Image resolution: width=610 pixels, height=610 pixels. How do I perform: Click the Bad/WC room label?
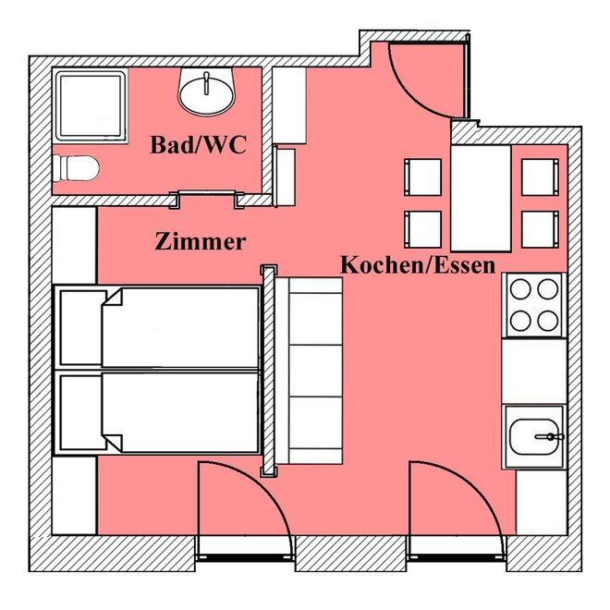point(199,145)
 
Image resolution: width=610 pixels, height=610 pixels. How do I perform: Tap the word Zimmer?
point(201,241)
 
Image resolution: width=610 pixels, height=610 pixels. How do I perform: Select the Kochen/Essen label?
point(418,265)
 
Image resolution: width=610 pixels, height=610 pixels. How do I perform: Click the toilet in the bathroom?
point(76,168)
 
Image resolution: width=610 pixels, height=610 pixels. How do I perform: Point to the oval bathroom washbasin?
point(207,92)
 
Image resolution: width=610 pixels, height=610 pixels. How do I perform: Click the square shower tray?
point(91,105)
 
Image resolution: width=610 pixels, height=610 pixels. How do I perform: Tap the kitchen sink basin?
point(534,436)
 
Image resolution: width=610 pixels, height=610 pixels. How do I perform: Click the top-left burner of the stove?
point(520,289)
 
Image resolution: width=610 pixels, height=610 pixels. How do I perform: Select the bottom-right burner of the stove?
point(548,321)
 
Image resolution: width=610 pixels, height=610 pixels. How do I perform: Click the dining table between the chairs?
point(481,199)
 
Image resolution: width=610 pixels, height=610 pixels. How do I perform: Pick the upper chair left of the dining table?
point(423,177)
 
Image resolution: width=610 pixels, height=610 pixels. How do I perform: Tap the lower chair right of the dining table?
point(540,229)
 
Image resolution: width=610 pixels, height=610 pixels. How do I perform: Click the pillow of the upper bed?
point(81,327)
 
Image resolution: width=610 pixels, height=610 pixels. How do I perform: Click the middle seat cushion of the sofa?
point(315,371)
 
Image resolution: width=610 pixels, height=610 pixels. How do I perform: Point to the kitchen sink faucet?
point(549,437)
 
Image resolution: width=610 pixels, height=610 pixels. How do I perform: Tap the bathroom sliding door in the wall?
point(207,192)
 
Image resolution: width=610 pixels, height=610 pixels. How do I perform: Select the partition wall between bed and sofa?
point(269,371)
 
